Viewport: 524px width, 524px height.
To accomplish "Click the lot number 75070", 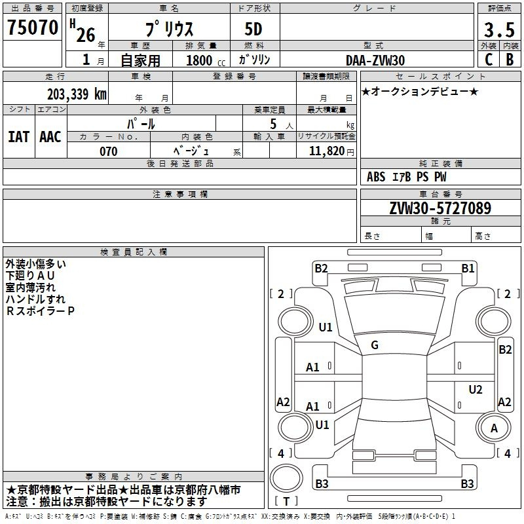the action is (x=33, y=28).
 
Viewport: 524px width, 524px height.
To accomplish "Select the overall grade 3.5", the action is (x=499, y=30).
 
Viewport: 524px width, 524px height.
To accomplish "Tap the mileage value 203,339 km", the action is (x=77, y=94).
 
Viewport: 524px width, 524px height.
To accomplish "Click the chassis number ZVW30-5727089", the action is (x=440, y=208).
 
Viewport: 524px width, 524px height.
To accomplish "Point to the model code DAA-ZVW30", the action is (x=375, y=60).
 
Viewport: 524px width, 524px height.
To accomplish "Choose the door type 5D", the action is (x=253, y=29).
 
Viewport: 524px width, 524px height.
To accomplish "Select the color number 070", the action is (x=109, y=151).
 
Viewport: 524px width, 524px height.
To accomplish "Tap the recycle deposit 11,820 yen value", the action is (x=331, y=151).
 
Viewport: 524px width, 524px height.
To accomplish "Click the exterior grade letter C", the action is (x=489, y=60).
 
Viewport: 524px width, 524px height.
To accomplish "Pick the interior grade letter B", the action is (x=510, y=60).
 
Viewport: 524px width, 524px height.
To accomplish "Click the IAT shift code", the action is (x=19, y=137).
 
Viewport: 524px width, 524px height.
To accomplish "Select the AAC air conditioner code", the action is (x=50, y=137).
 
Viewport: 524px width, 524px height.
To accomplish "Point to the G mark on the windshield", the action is (x=375, y=345).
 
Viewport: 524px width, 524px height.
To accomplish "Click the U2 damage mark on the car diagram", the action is (x=476, y=389).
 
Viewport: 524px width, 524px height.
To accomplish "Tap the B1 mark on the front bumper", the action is (x=468, y=269).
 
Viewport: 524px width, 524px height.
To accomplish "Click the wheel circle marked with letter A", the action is (x=494, y=428).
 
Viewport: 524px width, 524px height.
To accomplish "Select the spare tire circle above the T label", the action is (x=286, y=478).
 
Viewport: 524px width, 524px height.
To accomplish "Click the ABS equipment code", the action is (x=376, y=177).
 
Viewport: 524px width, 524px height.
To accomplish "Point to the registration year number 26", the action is (x=86, y=35).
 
